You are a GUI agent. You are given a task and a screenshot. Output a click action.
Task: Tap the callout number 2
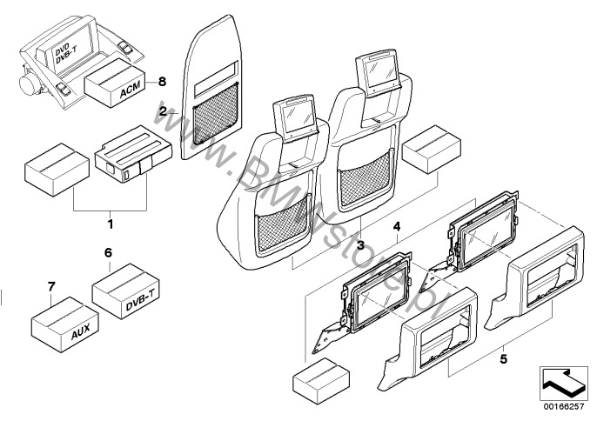click(x=161, y=112)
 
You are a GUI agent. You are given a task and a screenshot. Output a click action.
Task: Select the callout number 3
click(x=359, y=247)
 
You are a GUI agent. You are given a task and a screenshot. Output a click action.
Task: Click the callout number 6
click(x=109, y=252)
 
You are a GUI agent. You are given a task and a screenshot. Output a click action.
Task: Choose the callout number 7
click(x=50, y=287)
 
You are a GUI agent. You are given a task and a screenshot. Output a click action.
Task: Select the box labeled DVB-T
click(x=126, y=291)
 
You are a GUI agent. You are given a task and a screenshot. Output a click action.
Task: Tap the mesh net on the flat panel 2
click(x=214, y=114)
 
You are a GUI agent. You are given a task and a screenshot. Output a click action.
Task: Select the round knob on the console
click(x=30, y=84)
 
